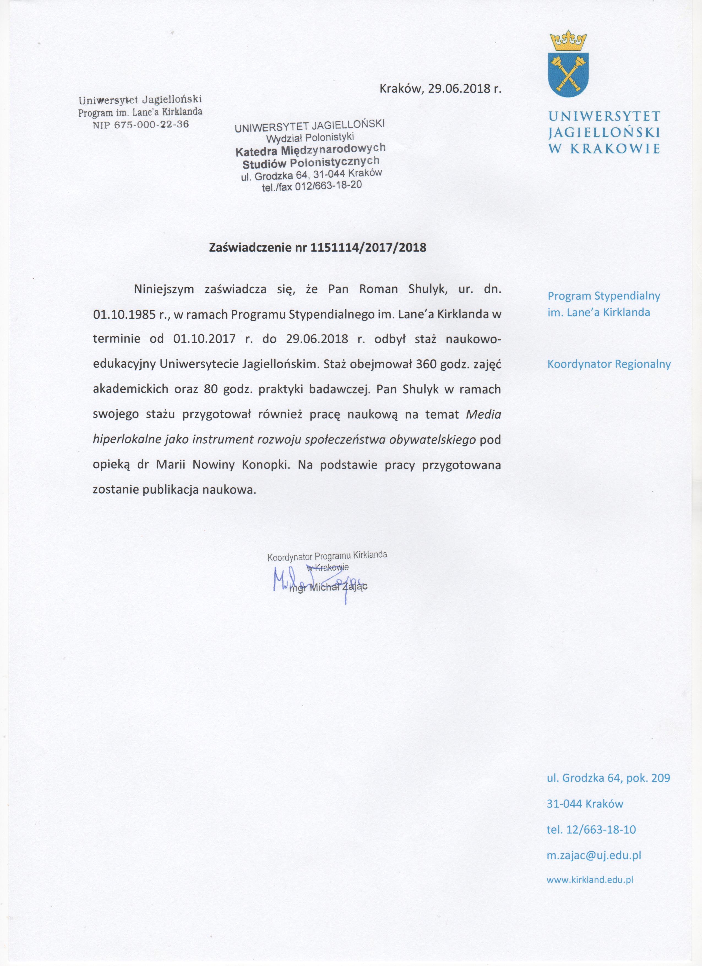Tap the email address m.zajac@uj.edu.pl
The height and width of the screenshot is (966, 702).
click(x=594, y=855)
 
